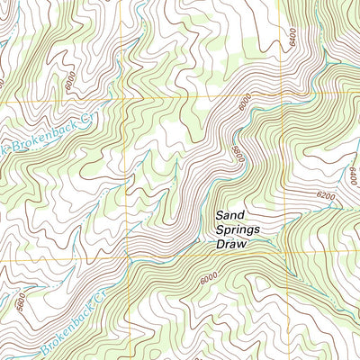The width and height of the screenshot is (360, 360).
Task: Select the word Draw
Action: click(231, 245)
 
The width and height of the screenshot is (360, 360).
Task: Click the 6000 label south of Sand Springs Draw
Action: click(209, 280)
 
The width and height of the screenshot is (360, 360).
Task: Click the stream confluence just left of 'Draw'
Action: click(196, 241)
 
